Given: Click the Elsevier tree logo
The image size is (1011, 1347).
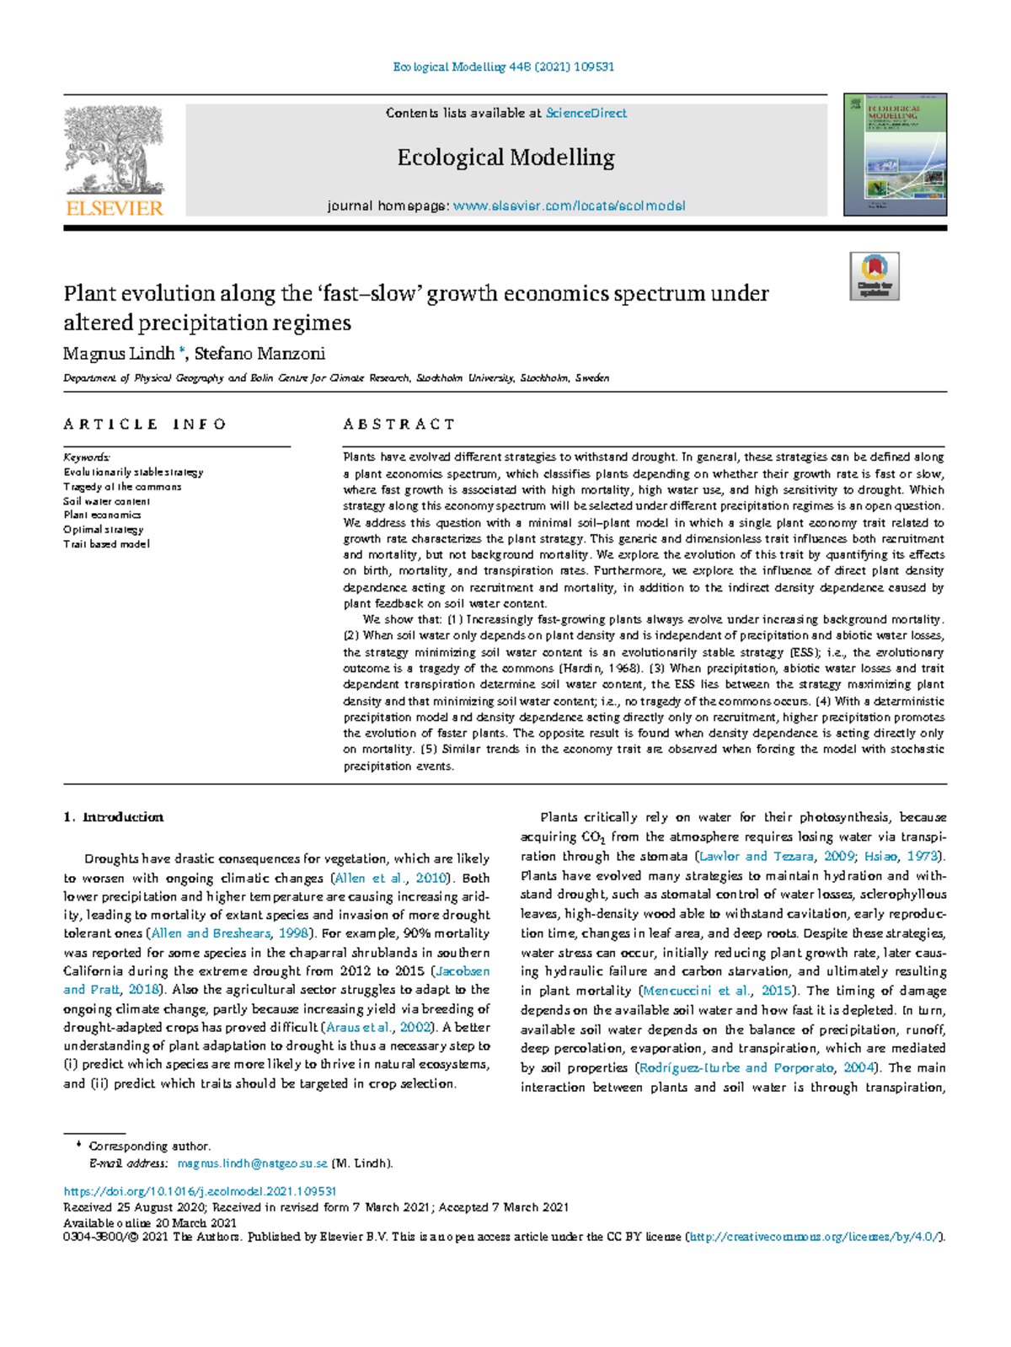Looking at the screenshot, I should point(114,150).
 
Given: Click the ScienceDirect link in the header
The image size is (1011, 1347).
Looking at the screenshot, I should point(586,113).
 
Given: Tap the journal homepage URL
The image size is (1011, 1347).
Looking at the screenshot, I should point(569,206).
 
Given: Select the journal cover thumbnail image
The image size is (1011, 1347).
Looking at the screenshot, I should point(895,154).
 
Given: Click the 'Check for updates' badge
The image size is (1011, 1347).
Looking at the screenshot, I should point(874,275).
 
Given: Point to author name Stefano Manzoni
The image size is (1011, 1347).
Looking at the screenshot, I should point(259,354).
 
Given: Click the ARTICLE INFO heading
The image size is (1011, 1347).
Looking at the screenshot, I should point(145,425).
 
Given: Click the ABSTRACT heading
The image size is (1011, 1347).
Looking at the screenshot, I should point(399,425).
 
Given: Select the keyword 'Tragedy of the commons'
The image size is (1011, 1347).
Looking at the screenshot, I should point(122,487).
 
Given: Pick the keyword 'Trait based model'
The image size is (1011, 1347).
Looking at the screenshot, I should point(106,544).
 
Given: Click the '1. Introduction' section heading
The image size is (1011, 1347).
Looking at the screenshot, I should point(114,817).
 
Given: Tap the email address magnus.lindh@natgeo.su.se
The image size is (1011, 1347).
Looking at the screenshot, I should point(252,1163).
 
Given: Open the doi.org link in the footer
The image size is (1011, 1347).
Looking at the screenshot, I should point(201,1192).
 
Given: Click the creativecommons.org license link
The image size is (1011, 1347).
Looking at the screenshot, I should point(814,1237).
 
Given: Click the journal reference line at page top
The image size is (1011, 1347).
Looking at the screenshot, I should point(504,67).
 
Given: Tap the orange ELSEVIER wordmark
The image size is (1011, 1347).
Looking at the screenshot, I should point(114,208).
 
